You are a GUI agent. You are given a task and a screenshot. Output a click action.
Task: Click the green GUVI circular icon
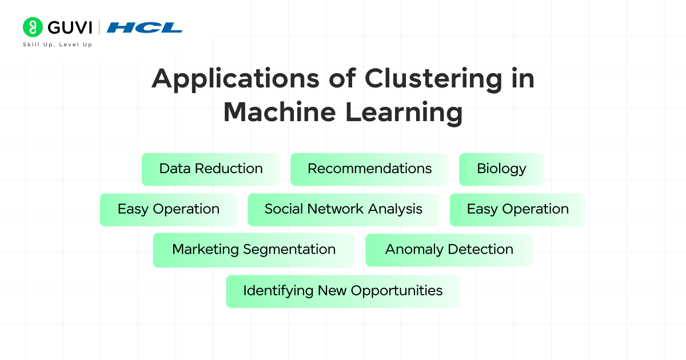[33, 27]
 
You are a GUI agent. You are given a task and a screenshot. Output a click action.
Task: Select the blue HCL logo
[144, 27]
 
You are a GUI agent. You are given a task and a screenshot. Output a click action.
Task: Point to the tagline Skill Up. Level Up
[57, 45]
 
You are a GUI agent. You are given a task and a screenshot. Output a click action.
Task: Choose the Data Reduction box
[211, 169]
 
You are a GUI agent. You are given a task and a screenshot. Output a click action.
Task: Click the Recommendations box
[369, 169]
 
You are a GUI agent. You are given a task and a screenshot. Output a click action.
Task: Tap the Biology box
[501, 169]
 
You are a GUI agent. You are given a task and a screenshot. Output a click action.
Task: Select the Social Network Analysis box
[343, 210]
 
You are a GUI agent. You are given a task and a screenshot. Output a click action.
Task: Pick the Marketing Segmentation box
[254, 250]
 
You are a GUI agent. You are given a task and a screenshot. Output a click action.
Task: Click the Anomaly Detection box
[449, 250]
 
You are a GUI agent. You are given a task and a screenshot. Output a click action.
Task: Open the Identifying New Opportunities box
[342, 291]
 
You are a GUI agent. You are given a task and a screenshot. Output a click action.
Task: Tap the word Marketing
[205, 250]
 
